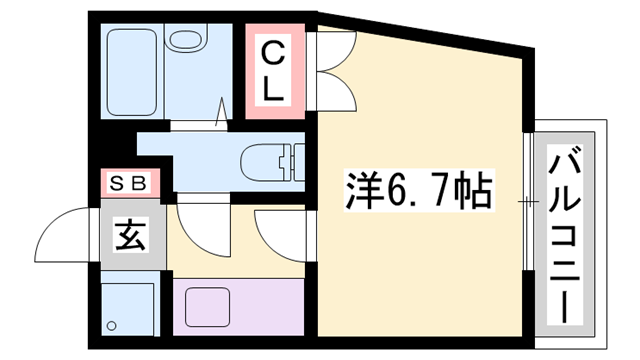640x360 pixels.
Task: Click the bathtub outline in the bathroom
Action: point(132,72)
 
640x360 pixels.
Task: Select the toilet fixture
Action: point(273,162)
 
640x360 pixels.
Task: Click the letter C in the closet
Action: point(272,54)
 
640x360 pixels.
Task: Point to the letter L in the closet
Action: point(273,89)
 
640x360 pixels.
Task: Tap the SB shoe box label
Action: point(128,184)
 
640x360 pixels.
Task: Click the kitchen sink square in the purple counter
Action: point(207,307)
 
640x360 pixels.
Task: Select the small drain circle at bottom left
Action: point(111,326)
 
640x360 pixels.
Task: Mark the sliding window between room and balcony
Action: point(529,201)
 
